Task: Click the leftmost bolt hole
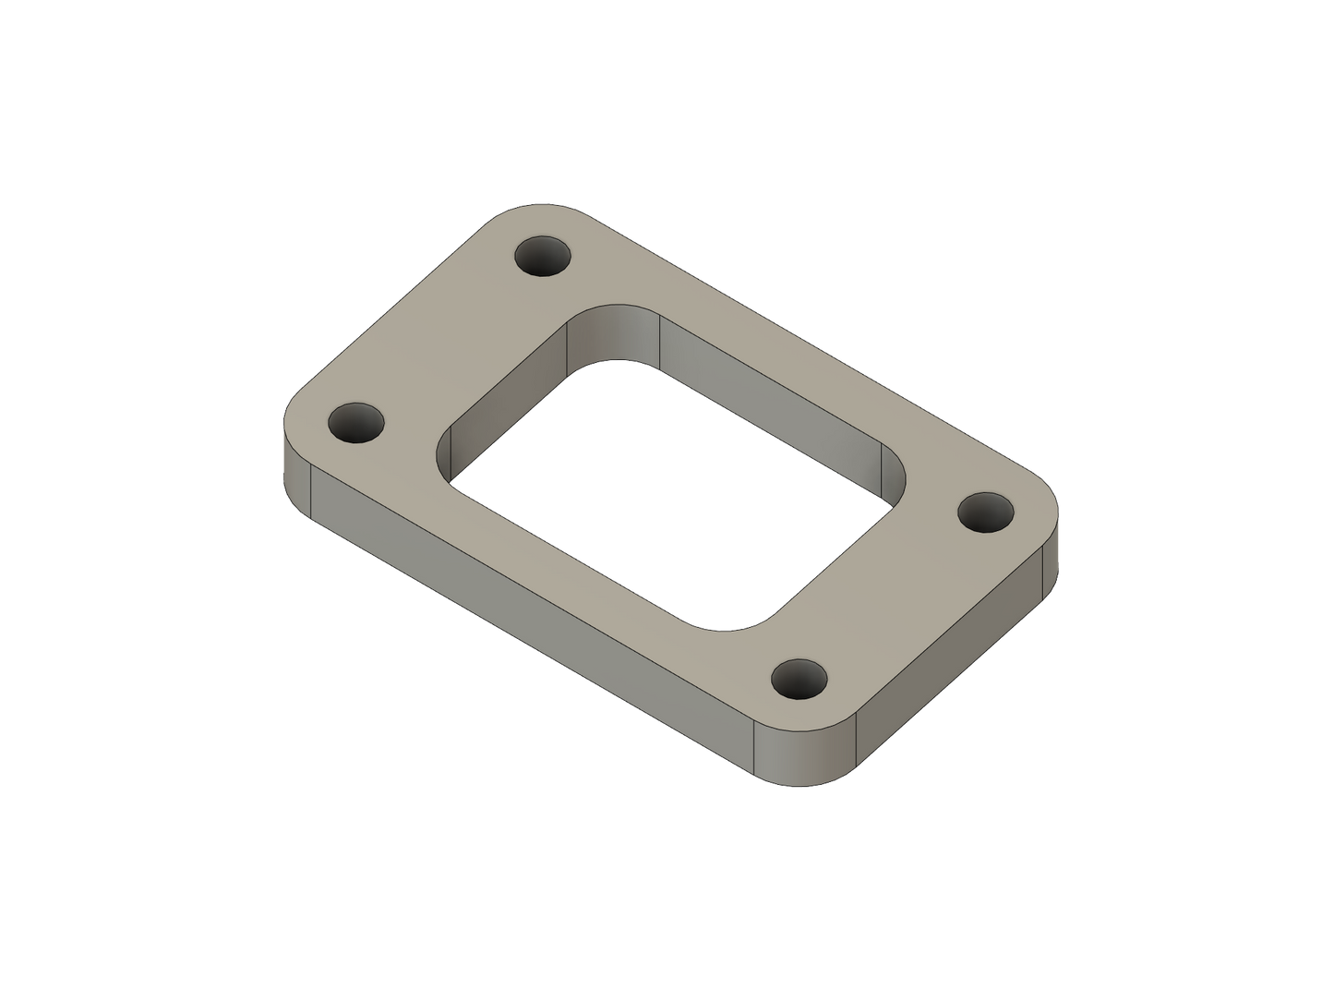click(356, 424)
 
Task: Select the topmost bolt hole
click(543, 256)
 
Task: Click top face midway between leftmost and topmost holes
click(450, 340)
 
